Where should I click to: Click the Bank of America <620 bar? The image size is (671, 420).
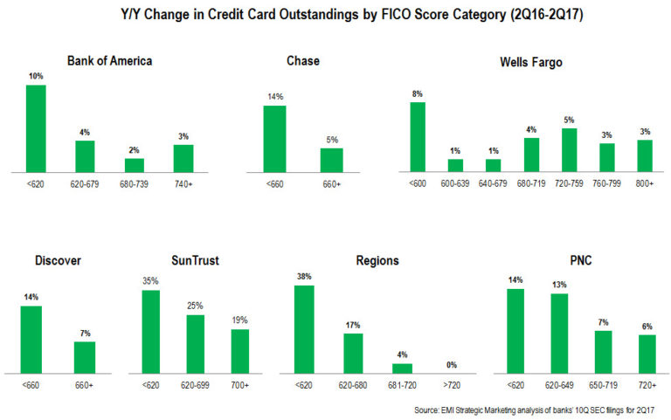pyautogui.click(x=36, y=127)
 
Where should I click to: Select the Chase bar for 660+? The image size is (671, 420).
pyautogui.click(x=331, y=160)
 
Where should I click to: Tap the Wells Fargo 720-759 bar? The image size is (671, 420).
pyautogui.click(x=569, y=149)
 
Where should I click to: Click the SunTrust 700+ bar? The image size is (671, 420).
pyautogui.click(x=240, y=350)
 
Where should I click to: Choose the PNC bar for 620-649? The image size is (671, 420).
pyautogui.click(x=560, y=333)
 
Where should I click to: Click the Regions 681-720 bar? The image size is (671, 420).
pyautogui.click(x=402, y=368)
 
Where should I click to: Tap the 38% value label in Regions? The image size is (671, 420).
pyautogui.click(x=304, y=277)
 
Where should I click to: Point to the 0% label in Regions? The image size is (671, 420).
pyautogui.click(x=451, y=364)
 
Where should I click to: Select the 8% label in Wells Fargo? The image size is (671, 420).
pyautogui.click(x=417, y=93)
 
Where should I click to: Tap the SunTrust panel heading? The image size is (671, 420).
pyautogui.click(x=195, y=259)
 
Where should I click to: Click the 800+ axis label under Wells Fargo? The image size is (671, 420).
pyautogui.click(x=645, y=184)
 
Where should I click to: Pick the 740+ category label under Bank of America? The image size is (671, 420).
pyautogui.click(x=183, y=184)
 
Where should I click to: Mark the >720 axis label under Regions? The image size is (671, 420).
pyautogui.click(x=451, y=384)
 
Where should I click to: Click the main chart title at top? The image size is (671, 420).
pyautogui.click(x=335, y=15)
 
